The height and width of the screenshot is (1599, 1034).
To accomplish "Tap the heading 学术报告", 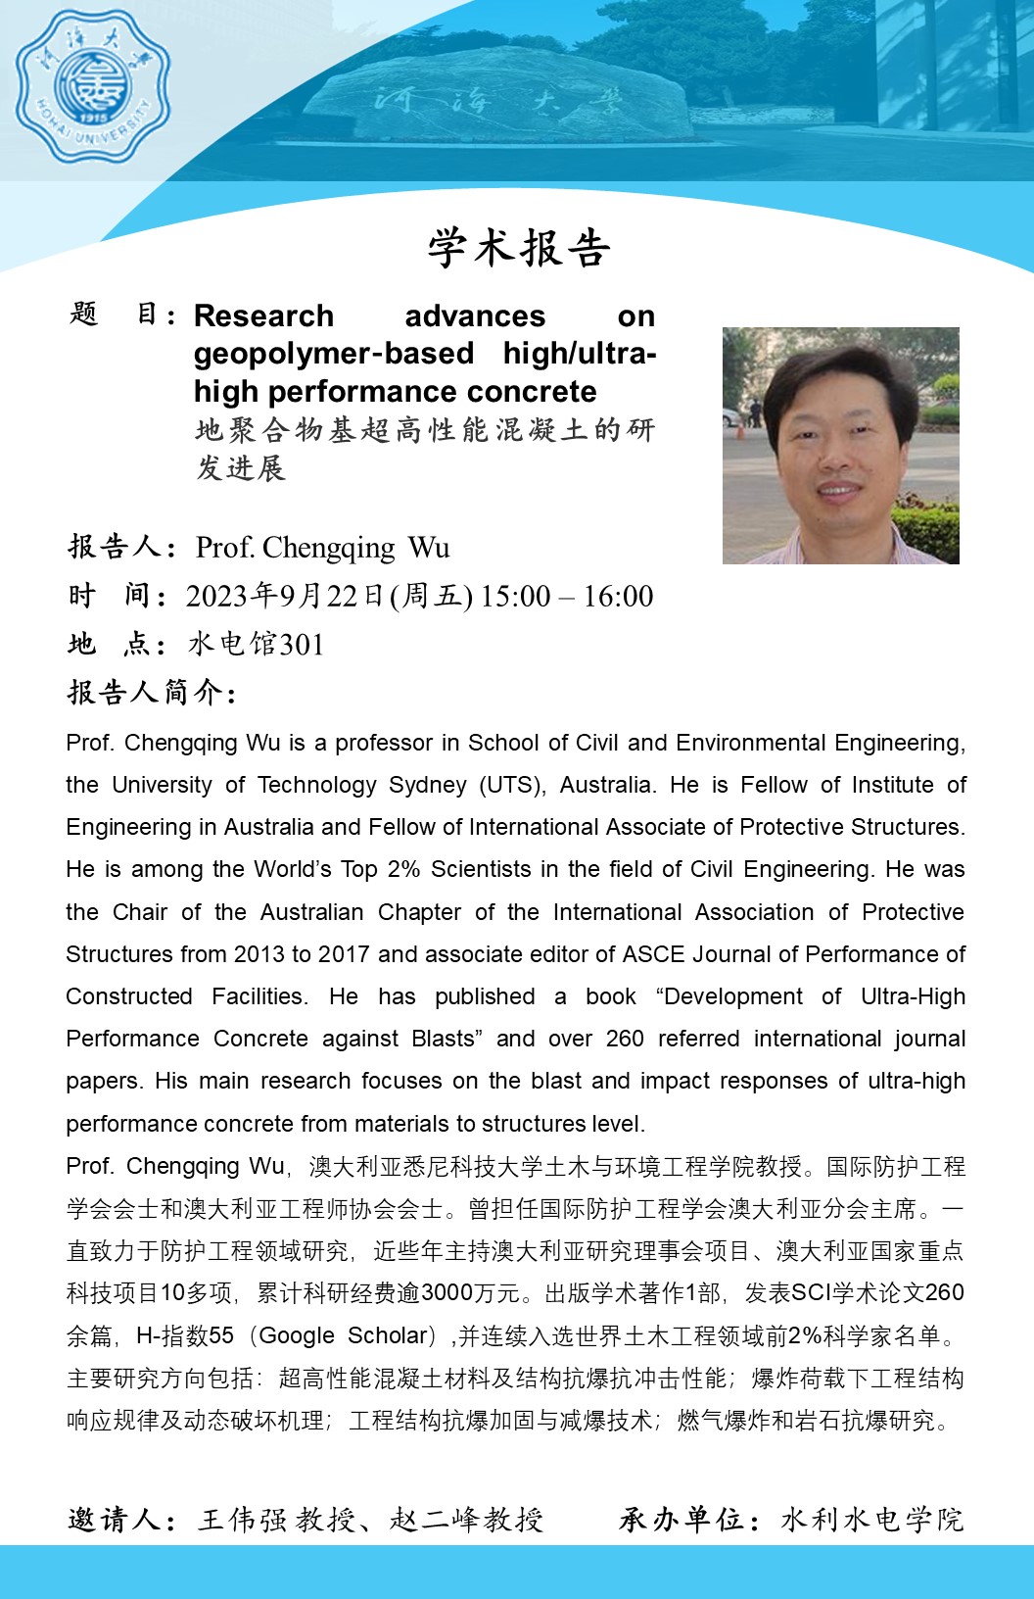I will tap(518, 248).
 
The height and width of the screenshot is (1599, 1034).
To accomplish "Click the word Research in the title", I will tap(263, 315).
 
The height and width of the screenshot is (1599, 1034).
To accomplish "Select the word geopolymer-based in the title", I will tap(333, 353).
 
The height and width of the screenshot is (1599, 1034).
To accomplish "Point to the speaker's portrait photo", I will tap(840, 446).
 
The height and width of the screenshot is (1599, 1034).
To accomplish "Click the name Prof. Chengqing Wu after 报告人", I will tap(322, 547).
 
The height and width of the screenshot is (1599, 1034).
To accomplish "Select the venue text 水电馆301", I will tap(256, 645).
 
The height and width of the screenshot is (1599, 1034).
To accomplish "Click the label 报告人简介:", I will tap(152, 693).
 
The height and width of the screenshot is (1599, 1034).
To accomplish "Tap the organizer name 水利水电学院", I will tap(871, 1520).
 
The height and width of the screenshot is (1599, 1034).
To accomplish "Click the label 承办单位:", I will tap(689, 1520).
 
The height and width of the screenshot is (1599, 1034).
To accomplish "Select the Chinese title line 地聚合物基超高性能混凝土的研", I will tap(425, 430).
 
